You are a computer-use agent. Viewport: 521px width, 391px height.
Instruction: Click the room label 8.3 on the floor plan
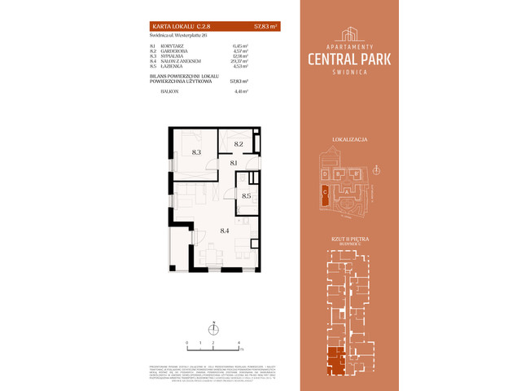(x=196, y=152)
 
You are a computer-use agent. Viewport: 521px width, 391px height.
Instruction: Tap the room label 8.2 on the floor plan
(x=239, y=143)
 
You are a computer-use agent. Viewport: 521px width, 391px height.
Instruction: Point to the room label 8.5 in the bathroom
(x=246, y=195)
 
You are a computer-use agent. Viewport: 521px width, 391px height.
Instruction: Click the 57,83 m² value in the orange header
(x=266, y=27)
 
